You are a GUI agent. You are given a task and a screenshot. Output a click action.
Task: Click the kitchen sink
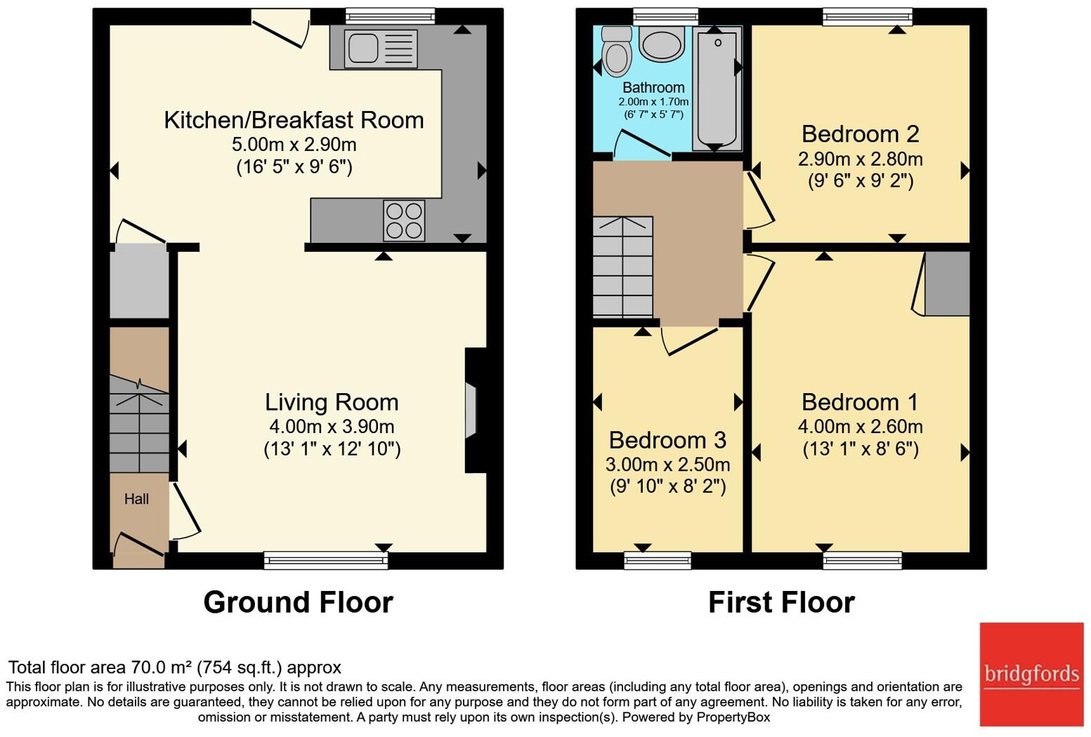click(x=380, y=48)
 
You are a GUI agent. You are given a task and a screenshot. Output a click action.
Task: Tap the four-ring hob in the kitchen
click(x=404, y=220)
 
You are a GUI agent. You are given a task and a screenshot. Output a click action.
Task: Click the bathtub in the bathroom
click(x=717, y=88)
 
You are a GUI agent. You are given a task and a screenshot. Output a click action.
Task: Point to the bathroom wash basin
click(x=662, y=44)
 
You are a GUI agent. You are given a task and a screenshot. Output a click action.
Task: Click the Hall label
click(x=136, y=499)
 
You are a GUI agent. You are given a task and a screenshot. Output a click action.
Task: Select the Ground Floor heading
click(x=298, y=602)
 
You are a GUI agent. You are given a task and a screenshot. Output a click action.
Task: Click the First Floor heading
click(x=781, y=602)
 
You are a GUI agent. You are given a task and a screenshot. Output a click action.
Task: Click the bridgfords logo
click(x=1031, y=675)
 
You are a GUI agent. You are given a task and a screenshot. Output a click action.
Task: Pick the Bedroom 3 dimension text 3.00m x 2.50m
click(x=668, y=465)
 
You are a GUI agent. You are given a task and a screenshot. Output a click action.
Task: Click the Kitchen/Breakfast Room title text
click(x=294, y=120)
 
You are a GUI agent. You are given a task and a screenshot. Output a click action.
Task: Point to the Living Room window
click(x=326, y=560)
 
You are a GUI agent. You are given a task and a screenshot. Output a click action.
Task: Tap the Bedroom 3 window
click(x=658, y=560)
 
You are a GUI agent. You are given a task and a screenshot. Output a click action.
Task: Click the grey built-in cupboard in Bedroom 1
click(x=947, y=284)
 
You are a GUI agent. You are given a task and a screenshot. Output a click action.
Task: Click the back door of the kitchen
click(x=281, y=29)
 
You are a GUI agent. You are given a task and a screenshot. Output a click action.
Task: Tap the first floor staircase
click(x=623, y=267)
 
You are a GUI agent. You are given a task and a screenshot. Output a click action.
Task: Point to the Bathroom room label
click(x=653, y=88)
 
